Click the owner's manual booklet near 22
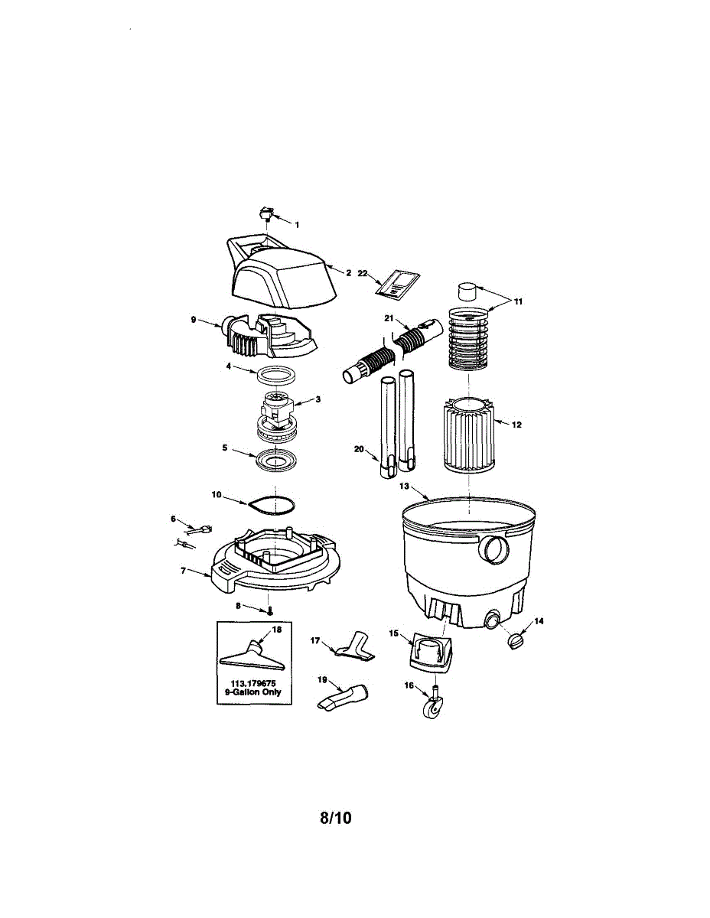click(x=397, y=283)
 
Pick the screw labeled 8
click(x=271, y=610)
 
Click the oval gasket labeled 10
click(x=272, y=506)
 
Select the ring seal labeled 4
click(x=276, y=375)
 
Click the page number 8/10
click(x=335, y=817)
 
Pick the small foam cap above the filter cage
click(x=467, y=291)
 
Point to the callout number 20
click(x=358, y=449)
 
